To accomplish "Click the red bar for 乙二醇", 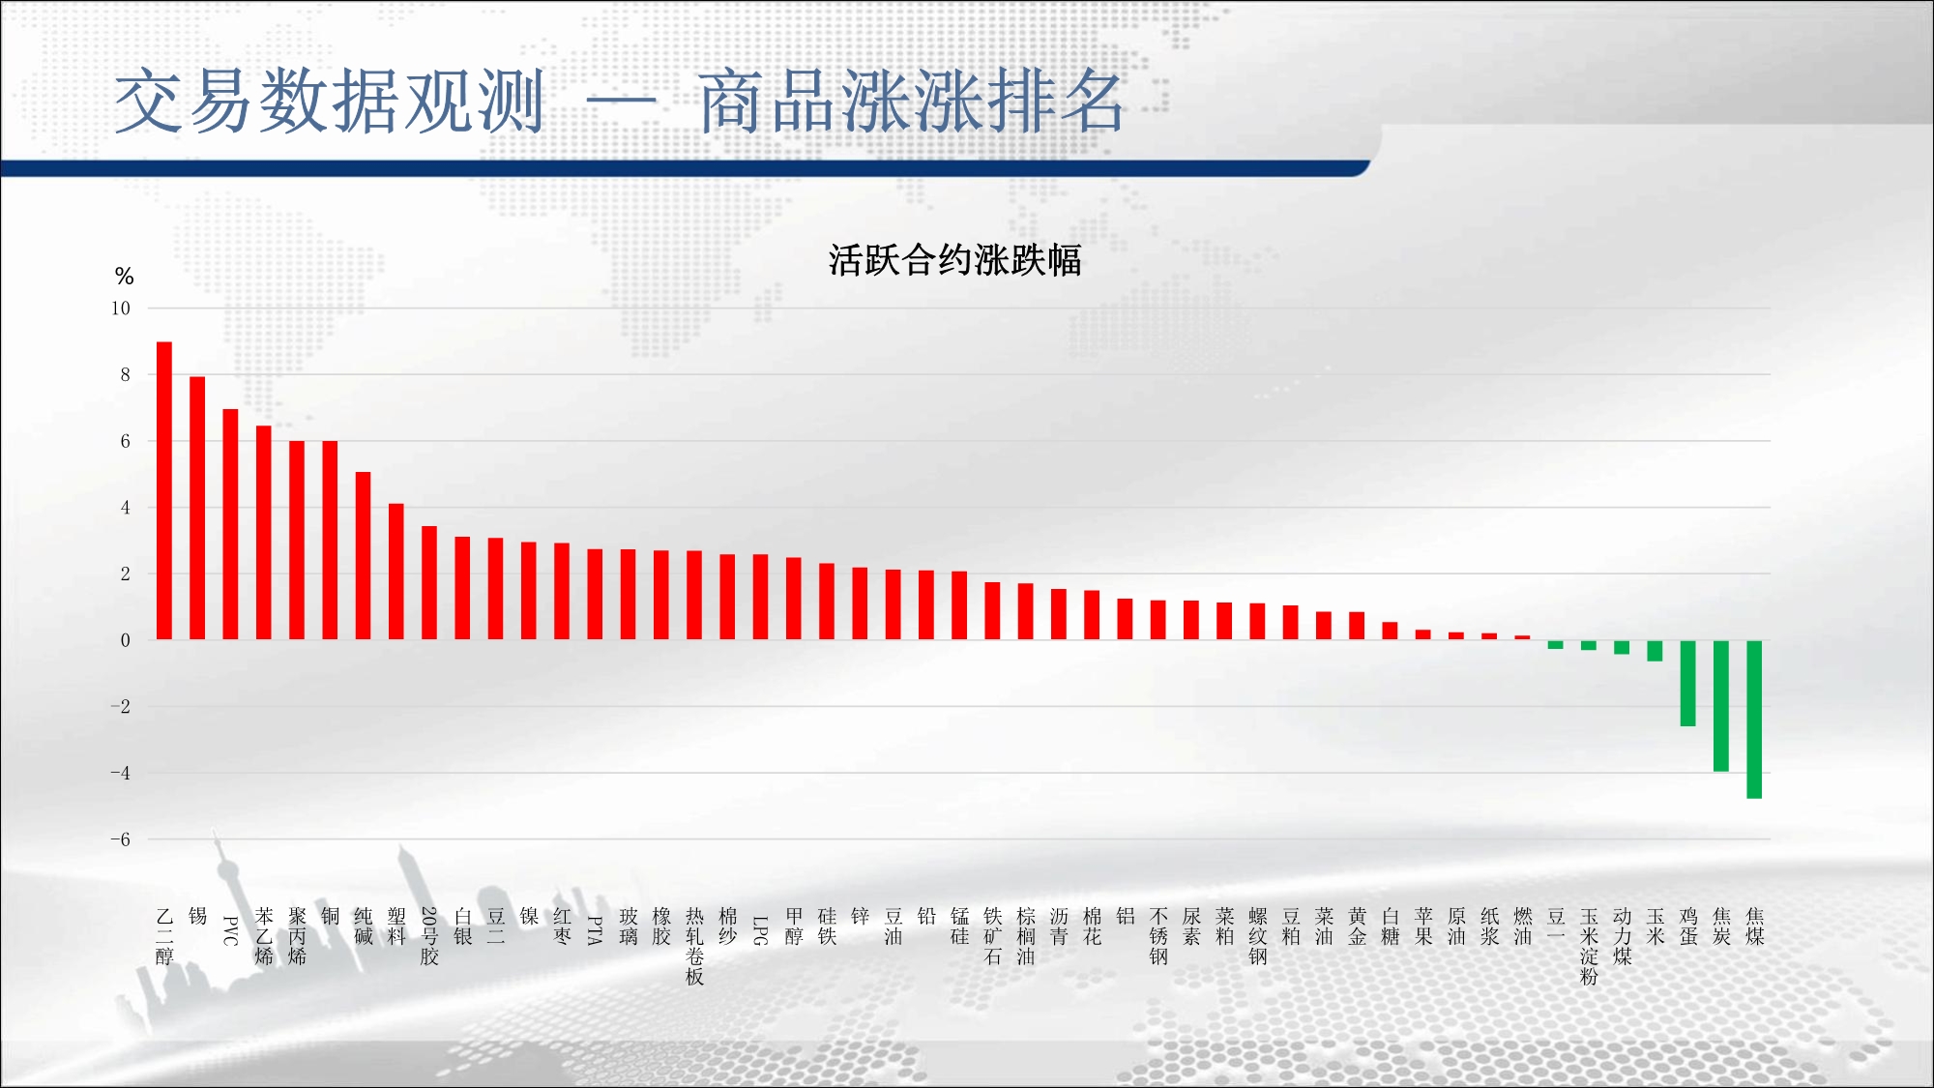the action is click(164, 490).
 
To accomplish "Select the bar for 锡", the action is click(197, 508).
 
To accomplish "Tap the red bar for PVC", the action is click(230, 524).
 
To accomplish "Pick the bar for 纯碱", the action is click(363, 555).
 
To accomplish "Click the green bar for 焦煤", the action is click(1754, 719).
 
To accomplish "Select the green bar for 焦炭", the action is click(1721, 705).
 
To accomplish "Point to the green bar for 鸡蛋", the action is click(1688, 683).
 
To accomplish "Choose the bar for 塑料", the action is click(396, 572).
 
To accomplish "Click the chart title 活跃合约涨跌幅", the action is click(954, 260).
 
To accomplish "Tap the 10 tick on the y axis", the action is click(121, 309).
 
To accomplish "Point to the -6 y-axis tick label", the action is click(120, 839).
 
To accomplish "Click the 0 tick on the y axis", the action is click(125, 640).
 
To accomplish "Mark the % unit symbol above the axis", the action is click(124, 277).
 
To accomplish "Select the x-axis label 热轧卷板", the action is click(694, 946).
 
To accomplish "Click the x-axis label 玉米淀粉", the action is click(1589, 946).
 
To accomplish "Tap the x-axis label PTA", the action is click(595, 930).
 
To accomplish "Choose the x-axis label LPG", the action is click(760, 930).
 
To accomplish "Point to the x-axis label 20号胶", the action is click(429, 936).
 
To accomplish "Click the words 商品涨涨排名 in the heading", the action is click(911, 101).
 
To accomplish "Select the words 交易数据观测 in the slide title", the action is click(330, 101).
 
